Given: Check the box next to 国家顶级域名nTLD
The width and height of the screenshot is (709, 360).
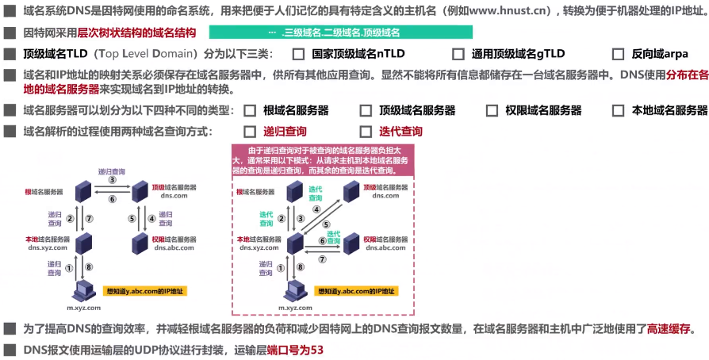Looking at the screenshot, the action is tap(298, 55).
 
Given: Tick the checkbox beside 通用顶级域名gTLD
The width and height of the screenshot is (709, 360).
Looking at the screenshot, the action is tap(458, 55).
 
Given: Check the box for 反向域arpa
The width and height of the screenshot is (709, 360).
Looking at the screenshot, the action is tap(618, 55).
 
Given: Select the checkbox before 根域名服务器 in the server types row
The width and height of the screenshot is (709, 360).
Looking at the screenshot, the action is tap(250, 110).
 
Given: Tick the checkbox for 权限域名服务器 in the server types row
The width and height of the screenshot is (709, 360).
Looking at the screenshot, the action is tap(492, 110).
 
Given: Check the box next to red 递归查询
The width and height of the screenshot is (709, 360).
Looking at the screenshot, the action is tap(250, 132).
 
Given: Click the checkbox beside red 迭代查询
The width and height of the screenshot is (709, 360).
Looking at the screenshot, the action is tap(366, 132).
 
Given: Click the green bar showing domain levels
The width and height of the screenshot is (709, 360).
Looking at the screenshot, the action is tap(341, 33).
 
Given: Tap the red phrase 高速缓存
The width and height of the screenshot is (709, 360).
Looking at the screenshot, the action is tap(670, 327).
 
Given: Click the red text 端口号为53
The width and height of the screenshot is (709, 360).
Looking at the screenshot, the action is tap(295, 350).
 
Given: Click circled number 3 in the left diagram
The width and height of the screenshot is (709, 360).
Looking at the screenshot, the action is tap(113, 180).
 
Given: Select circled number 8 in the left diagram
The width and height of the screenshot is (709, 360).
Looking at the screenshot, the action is tap(89, 267).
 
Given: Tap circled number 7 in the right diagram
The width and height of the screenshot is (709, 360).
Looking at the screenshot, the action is tap(322, 259).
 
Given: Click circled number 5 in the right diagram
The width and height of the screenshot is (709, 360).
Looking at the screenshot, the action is tap(326, 224).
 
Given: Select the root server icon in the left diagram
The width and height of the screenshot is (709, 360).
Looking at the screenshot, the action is tap(81, 190).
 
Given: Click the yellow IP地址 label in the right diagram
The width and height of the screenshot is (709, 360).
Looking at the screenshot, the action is tap(357, 291).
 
